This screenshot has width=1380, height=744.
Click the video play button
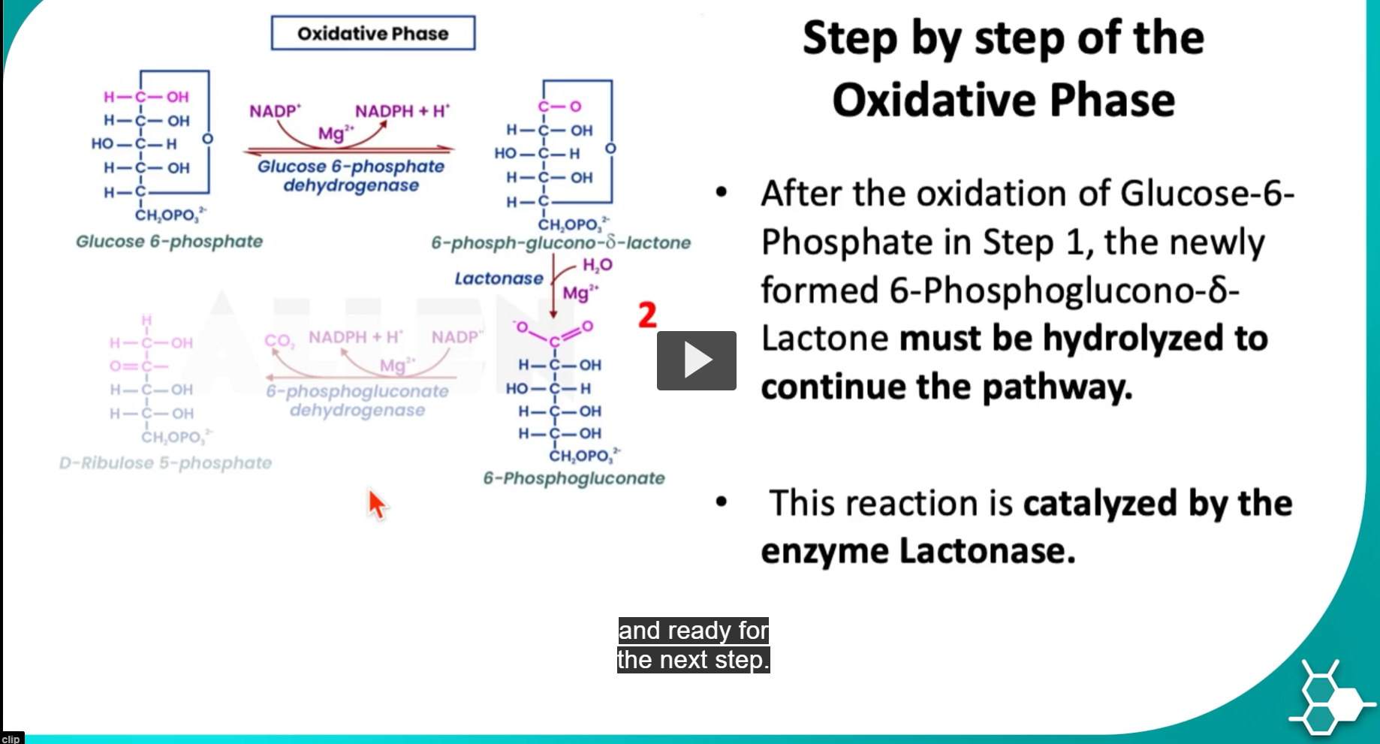[696, 360]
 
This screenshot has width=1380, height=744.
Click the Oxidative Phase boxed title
[373, 34]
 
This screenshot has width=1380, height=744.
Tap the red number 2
[647, 315]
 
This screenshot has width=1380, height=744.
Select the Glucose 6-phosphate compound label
[169, 242]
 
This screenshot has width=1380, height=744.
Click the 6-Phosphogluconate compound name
[574, 478]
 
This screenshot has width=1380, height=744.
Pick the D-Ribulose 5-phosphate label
[165, 463]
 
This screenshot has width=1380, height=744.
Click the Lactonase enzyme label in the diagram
[499, 279]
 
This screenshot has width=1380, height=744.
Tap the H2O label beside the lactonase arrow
[597, 265]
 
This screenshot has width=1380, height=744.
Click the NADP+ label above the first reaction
[275, 111]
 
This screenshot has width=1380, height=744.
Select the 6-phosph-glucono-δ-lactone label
[561, 243]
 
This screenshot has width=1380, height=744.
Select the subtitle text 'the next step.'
[693, 660]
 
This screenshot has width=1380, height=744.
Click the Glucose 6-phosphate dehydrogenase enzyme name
[351, 176]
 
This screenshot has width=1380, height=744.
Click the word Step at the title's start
[849, 39]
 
